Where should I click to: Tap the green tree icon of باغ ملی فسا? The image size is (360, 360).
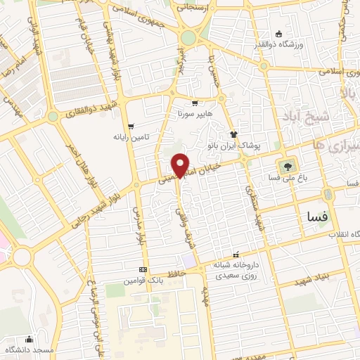point(285,167)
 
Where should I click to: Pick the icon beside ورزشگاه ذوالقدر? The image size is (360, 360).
point(278,34)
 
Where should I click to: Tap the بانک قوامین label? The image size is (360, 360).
point(144,280)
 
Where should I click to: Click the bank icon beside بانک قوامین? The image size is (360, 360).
point(143,269)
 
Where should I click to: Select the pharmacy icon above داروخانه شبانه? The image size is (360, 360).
point(236,255)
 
